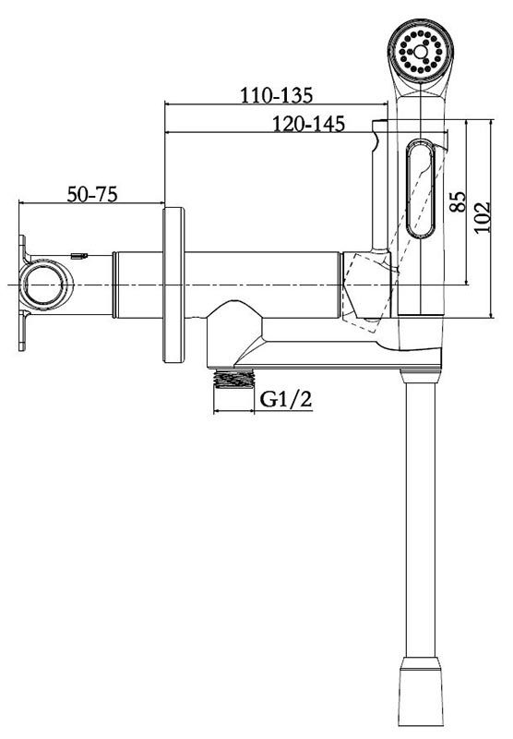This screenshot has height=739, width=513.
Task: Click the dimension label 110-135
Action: (x=277, y=95)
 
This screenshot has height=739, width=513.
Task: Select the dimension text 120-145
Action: (x=309, y=124)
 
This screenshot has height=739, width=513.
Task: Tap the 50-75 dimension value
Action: (x=91, y=194)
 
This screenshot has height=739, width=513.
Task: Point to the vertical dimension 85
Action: (x=457, y=201)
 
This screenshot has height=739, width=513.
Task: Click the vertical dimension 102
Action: (x=482, y=217)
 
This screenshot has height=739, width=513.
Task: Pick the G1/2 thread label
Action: (x=286, y=400)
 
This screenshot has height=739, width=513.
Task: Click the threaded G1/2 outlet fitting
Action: (x=234, y=378)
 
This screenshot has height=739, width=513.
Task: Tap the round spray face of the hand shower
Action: (x=421, y=52)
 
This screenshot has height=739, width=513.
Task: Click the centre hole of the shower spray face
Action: (x=421, y=52)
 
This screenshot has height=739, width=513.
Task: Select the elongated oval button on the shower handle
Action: (x=420, y=188)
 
